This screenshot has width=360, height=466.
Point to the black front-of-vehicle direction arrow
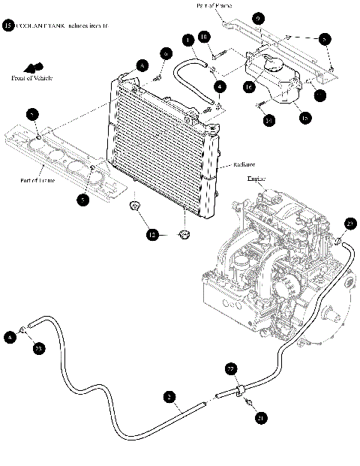(34, 68)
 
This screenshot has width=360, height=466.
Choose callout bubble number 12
(153, 235)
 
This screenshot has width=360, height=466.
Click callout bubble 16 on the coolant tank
(248, 87)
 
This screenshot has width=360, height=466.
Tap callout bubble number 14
(268, 119)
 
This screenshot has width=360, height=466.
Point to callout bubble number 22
(231, 368)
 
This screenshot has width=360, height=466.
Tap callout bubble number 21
(260, 418)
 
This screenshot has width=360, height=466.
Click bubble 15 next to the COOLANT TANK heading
(8, 26)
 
